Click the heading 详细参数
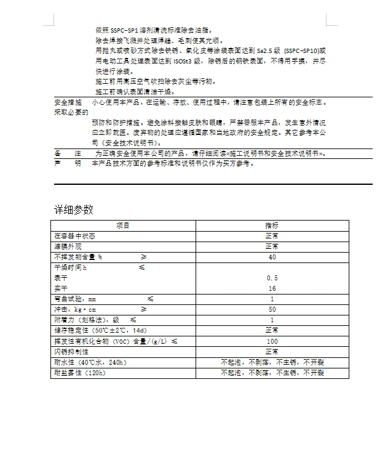73,209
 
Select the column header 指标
272,225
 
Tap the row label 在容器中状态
74,236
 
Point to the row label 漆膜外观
66,246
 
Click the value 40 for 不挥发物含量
272,257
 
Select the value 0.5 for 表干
272,278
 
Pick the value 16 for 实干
272,288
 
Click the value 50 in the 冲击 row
272,309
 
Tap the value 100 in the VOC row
272,341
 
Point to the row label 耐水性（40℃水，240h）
90,362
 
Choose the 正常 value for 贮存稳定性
272,330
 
